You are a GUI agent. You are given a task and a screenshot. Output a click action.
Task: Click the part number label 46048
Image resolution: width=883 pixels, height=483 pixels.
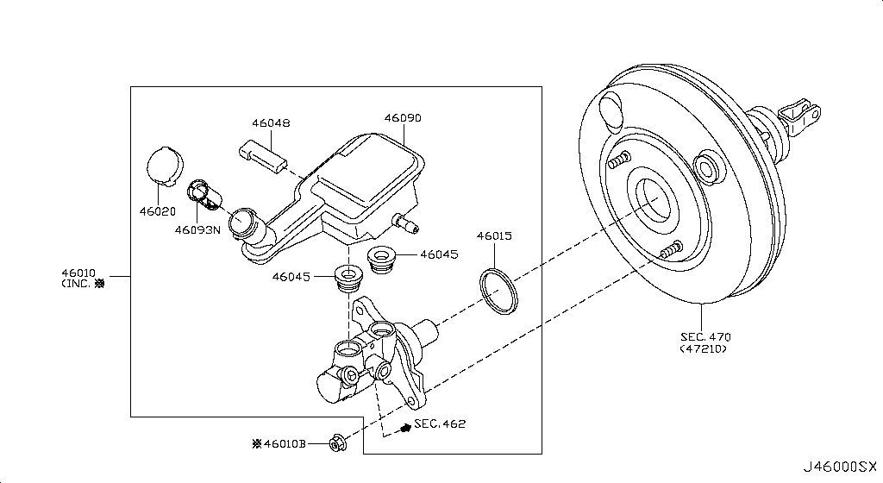(271, 123)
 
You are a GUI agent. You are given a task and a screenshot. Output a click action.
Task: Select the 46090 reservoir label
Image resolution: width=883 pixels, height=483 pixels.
(403, 117)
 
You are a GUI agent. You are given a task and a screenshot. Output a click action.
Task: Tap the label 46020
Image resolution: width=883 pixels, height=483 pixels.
(158, 210)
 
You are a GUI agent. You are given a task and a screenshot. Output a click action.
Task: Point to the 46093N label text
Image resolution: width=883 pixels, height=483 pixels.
(198, 229)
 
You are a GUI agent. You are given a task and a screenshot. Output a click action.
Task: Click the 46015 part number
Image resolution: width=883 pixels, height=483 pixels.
(496, 235)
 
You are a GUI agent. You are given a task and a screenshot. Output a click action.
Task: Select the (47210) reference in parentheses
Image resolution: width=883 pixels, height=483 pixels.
(703, 348)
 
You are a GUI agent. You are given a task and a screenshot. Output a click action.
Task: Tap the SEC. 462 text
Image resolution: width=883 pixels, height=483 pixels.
(440, 423)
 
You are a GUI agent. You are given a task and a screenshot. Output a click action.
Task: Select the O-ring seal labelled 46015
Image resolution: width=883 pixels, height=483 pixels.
(498, 290)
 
